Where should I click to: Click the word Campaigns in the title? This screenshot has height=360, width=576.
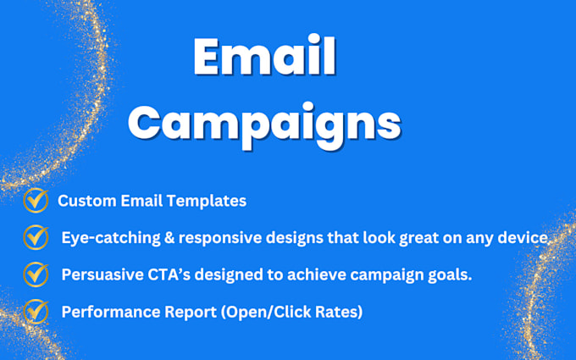264,123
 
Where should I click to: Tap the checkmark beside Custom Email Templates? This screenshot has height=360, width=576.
35,201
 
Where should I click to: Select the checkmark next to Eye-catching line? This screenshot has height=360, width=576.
35,238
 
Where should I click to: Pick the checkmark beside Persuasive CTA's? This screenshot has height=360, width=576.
35,274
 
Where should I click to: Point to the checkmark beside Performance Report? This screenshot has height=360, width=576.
35,312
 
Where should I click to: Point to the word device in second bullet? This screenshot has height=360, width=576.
525,239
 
